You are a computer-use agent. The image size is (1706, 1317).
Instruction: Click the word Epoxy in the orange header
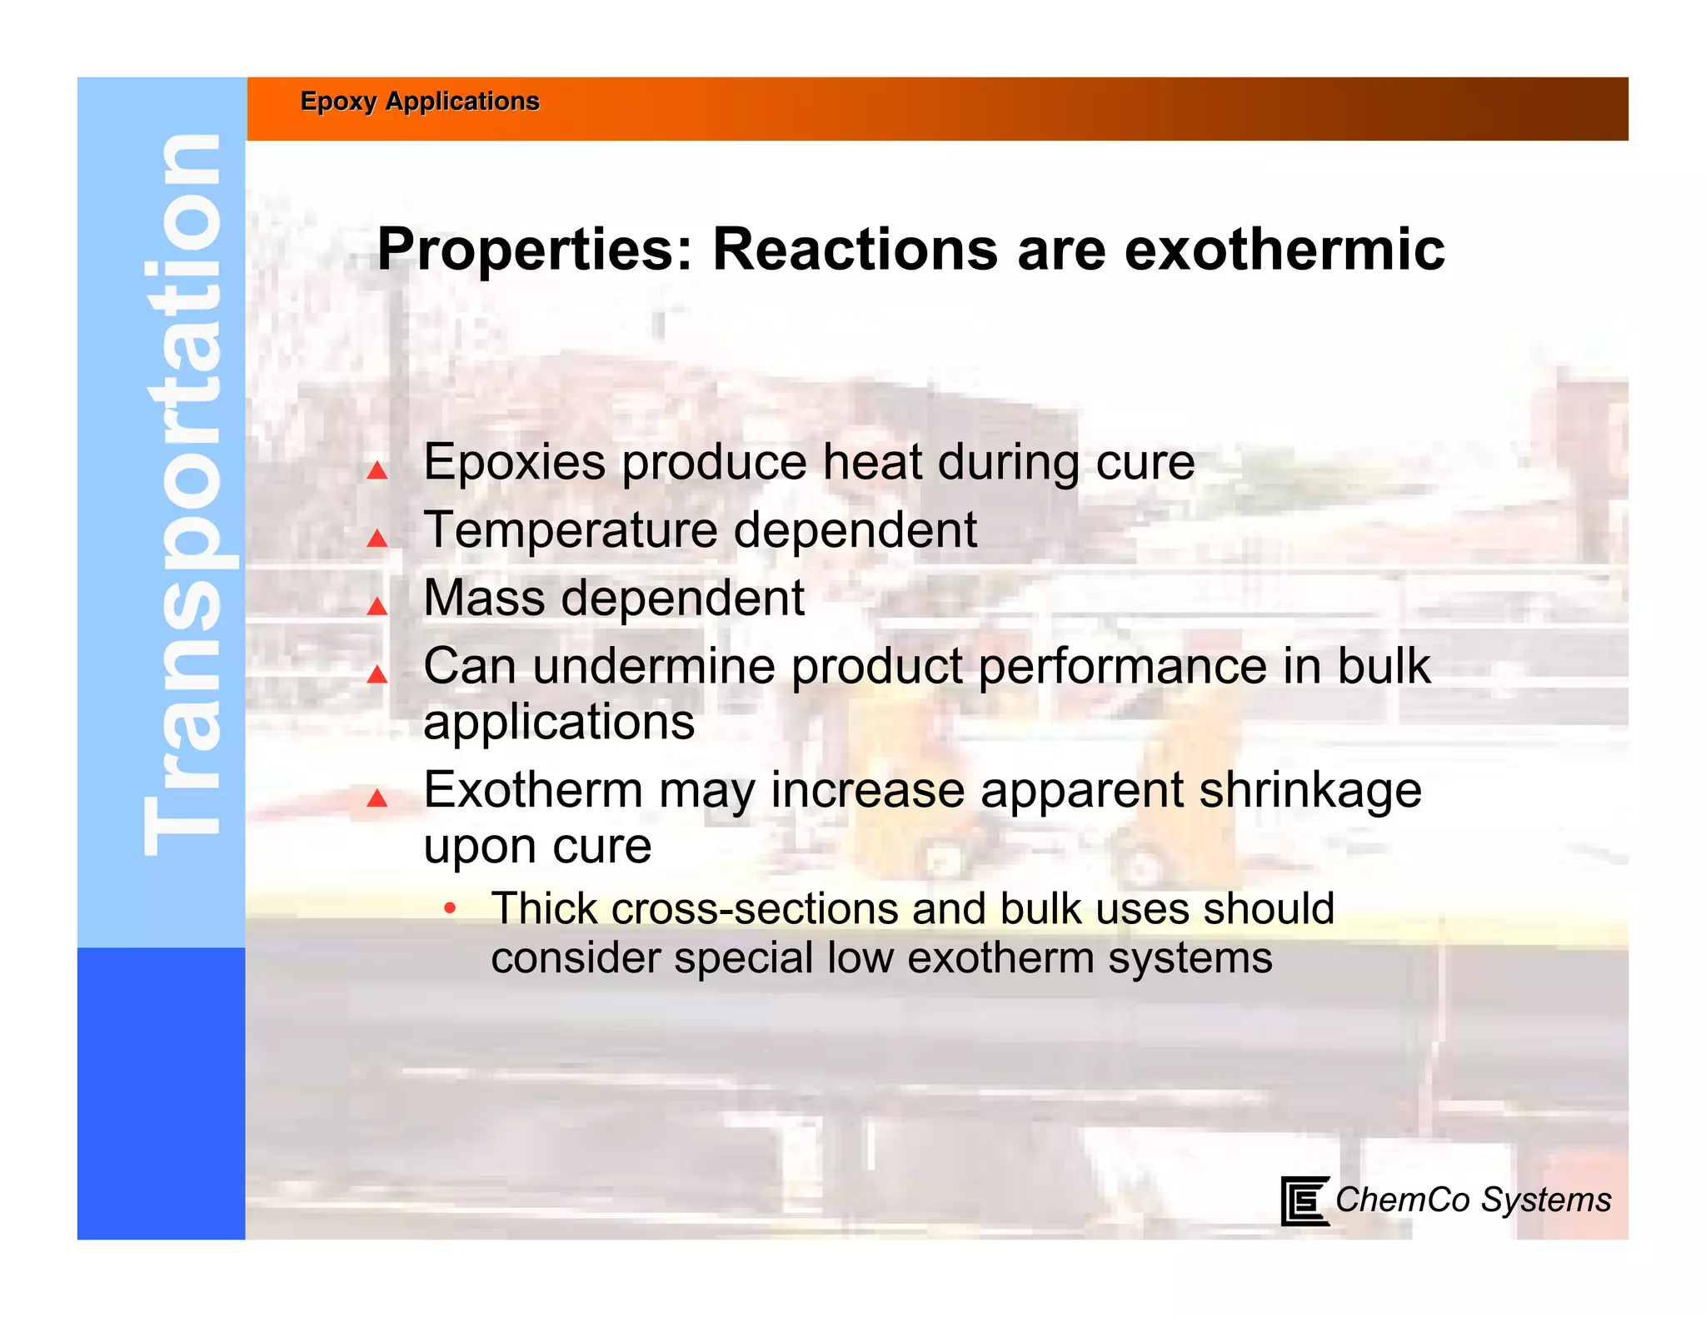pos(338,102)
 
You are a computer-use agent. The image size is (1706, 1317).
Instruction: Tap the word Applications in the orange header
pos(462,102)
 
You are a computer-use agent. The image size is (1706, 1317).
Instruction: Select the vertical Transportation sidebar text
pos(182,495)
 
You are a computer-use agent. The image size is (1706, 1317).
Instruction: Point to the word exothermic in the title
pos(1284,250)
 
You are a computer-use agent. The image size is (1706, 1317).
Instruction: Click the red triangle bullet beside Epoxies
pos(377,471)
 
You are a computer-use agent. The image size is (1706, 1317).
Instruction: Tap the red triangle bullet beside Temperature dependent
pos(377,539)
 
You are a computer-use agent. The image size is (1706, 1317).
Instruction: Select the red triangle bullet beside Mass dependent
pos(377,606)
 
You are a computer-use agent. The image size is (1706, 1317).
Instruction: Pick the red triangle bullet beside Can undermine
pos(377,674)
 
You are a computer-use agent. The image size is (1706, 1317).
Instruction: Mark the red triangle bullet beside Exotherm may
pos(377,798)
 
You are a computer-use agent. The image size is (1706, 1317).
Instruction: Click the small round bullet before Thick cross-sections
pos(450,907)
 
